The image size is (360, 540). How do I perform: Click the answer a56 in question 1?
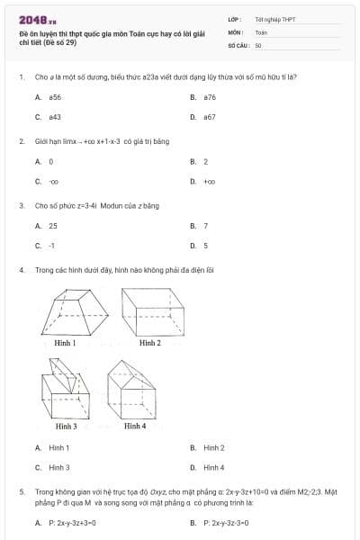55,96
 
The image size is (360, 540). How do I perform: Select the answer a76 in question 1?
210,96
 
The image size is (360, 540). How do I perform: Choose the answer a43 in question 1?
55,117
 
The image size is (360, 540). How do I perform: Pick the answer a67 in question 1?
210,117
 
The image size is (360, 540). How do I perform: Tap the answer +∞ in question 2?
209,182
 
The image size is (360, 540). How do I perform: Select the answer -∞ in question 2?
53,182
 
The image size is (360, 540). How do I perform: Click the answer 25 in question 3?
53,226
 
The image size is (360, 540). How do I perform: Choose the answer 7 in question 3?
206,226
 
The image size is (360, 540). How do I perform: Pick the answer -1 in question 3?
52,246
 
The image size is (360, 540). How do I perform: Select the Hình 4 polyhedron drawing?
132,390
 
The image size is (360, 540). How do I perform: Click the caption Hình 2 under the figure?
149,344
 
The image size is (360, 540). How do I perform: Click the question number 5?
21,492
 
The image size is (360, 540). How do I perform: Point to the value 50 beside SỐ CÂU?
258,44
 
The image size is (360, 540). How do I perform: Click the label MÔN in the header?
236,31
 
